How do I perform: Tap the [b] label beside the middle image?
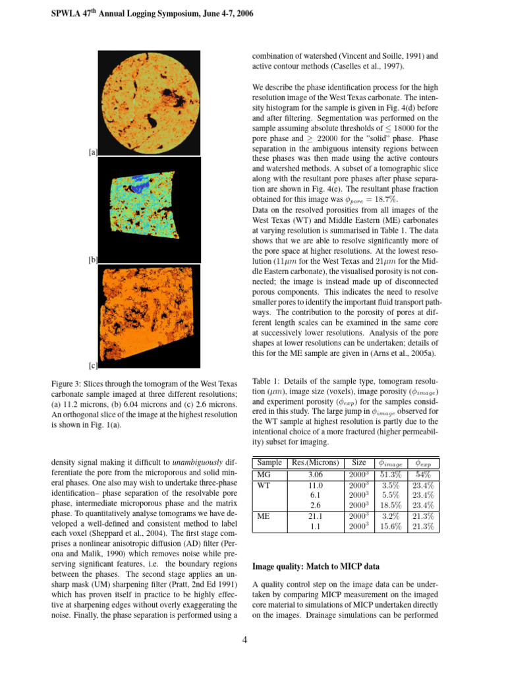(93, 260)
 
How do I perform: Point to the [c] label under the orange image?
(93, 365)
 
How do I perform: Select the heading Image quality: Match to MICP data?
(312, 566)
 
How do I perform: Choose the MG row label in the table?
(264, 474)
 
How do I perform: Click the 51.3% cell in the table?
(393, 474)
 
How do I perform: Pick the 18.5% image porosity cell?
(393, 506)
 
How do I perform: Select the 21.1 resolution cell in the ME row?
(314, 517)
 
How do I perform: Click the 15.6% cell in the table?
(393, 527)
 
